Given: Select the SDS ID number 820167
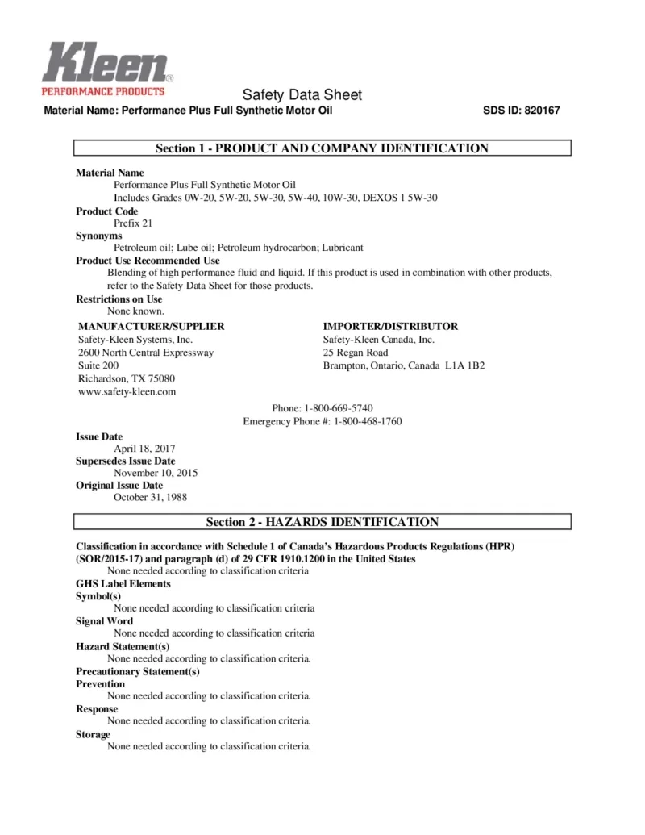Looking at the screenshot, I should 540,111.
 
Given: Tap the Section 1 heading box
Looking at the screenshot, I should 322,148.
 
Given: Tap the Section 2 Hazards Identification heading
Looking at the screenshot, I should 322,522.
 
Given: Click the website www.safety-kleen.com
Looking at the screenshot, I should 127,391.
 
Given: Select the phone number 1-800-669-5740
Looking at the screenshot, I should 339,408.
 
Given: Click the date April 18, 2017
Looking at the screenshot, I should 144,449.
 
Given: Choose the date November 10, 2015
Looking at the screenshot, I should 156,473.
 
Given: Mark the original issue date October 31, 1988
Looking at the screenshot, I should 150,497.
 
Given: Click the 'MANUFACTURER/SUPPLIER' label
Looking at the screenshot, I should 151,327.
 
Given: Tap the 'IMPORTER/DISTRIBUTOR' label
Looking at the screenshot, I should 390,327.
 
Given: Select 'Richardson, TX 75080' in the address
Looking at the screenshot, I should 127,378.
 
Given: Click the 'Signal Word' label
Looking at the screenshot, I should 105,621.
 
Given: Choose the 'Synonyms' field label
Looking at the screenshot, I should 99,236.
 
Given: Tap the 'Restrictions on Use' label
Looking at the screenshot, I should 119,299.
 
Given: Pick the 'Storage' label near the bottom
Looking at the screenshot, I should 94,734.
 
